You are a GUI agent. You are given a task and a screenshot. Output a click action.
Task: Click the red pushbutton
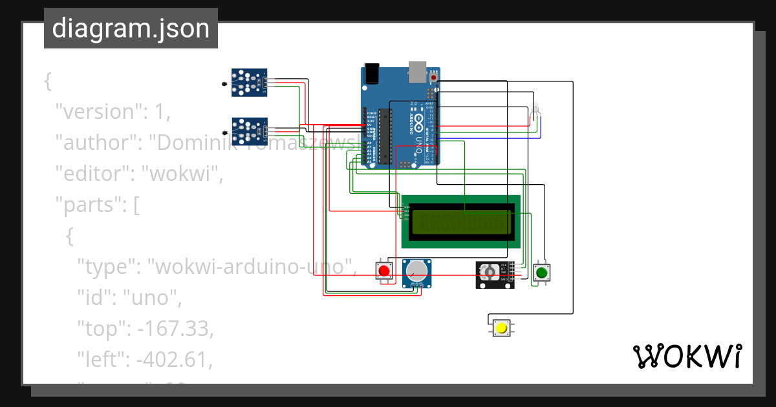pyautogui.click(x=385, y=271)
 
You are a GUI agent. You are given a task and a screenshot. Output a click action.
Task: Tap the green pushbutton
pyautogui.click(x=541, y=273)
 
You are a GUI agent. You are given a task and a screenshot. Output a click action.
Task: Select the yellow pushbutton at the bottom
pyautogui.click(x=501, y=328)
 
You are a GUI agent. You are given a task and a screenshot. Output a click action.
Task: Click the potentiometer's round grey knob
pyautogui.click(x=417, y=271)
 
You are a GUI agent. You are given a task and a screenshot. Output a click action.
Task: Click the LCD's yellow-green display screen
pyautogui.click(x=460, y=221)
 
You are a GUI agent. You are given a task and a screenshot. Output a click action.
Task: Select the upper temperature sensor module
pyautogui.click(x=250, y=83)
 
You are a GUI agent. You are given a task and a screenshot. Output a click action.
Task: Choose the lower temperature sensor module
pyautogui.click(x=250, y=131)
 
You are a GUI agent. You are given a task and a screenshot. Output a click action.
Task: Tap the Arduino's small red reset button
pyautogui.click(x=434, y=78)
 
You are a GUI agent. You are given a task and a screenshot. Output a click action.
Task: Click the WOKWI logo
pyautogui.click(x=686, y=356)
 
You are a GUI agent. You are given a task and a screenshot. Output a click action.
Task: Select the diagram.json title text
pyautogui.click(x=131, y=28)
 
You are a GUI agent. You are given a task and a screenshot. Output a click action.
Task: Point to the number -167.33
pyautogui.click(x=175, y=329)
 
